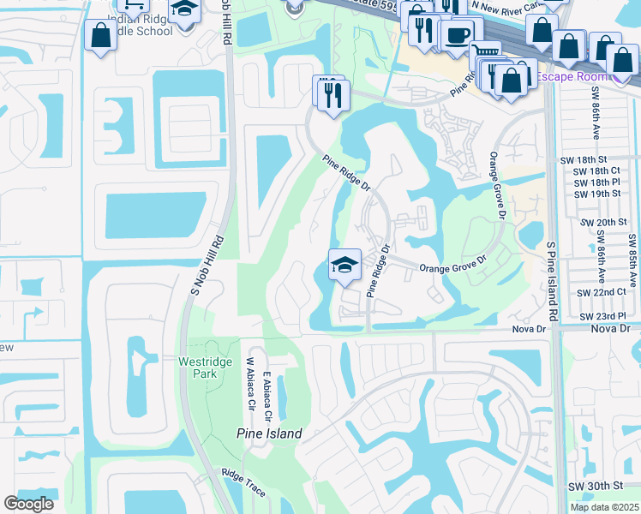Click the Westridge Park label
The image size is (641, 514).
(205, 368)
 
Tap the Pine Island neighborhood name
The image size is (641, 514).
(269, 433)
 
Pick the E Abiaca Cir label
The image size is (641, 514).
(267, 397)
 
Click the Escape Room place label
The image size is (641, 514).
(568, 78)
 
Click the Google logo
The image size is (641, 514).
(28, 504)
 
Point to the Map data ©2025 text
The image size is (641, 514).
(604, 507)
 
